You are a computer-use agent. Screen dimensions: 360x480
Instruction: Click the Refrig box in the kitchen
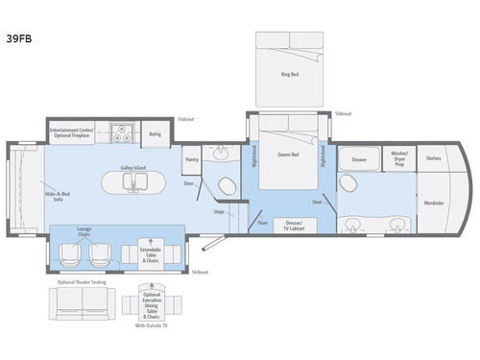tap(155, 134)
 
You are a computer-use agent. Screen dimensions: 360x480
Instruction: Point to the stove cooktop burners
tap(123, 133)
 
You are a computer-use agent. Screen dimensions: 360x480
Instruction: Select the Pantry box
tap(192, 160)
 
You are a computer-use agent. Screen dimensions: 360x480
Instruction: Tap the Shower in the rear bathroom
tap(358, 159)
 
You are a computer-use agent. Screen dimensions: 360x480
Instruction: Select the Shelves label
tap(433, 158)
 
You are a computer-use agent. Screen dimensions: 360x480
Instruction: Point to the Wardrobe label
tap(433, 204)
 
